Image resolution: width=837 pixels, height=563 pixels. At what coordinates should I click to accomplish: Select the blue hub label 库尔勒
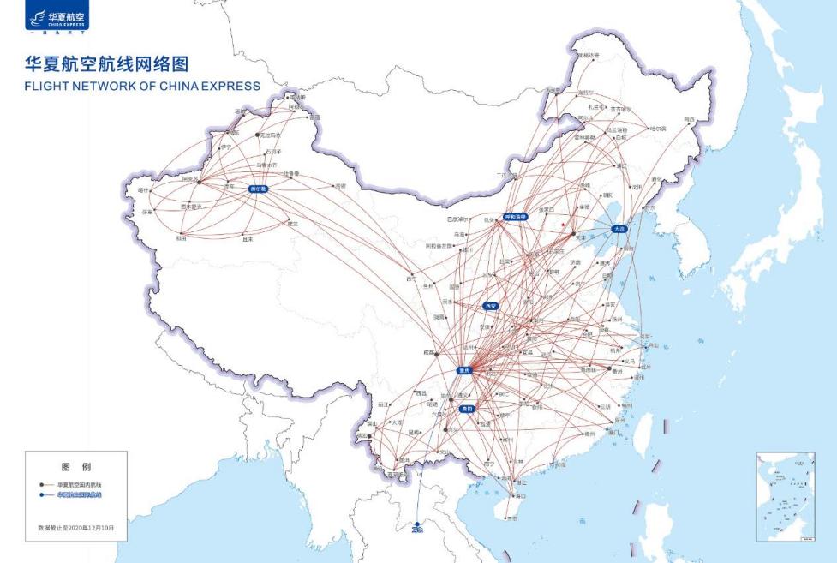(x=257, y=189)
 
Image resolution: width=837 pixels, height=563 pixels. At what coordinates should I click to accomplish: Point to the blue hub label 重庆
(x=465, y=371)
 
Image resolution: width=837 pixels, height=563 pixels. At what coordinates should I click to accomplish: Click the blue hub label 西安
(x=490, y=305)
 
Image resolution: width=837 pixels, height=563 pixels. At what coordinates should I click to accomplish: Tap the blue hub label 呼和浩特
(x=516, y=217)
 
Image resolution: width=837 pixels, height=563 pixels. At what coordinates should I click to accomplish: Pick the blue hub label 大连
(x=619, y=229)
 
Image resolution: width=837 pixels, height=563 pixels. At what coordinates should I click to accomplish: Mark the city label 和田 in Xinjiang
(x=181, y=238)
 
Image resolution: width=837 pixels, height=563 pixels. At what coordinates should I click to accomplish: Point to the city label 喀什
(x=143, y=189)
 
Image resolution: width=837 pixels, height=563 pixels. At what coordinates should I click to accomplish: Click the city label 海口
(x=520, y=496)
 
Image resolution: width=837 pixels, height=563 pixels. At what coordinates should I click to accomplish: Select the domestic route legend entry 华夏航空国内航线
(x=84, y=485)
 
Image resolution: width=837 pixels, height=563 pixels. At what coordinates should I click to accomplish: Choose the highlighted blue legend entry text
(x=84, y=495)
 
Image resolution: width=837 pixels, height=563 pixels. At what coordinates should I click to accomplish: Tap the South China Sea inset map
(x=786, y=497)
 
